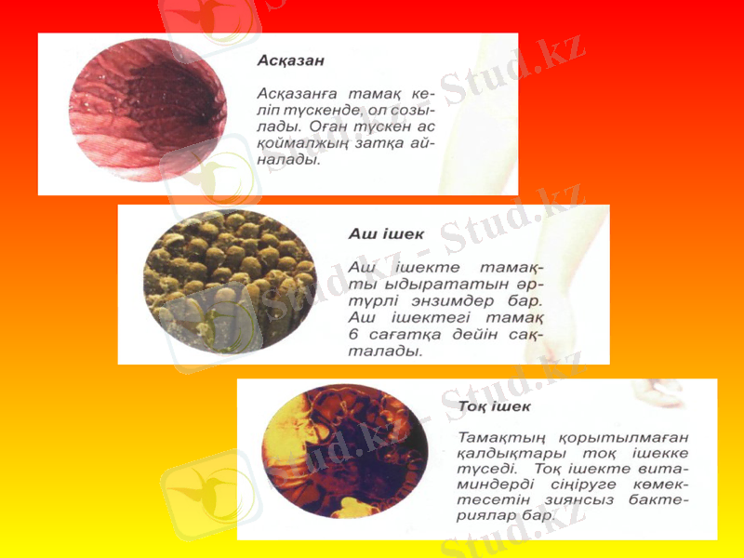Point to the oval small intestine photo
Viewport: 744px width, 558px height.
[x=229, y=282]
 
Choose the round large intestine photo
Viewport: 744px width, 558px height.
[x=344, y=456]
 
